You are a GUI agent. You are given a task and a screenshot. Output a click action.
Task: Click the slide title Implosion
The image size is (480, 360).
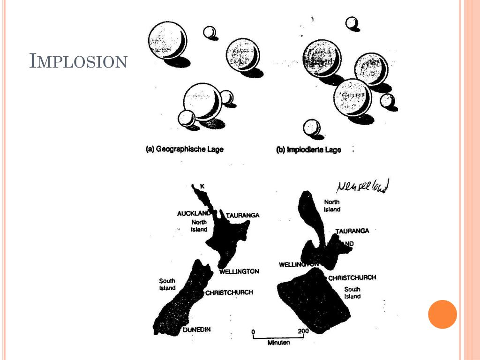click(x=78, y=61)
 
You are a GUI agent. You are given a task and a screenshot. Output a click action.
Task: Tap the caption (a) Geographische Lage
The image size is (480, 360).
click(x=185, y=150)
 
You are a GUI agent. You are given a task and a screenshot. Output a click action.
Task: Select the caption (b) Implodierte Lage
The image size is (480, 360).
click(x=308, y=150)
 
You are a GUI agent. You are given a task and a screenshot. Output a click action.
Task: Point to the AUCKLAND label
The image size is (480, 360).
click(x=193, y=213)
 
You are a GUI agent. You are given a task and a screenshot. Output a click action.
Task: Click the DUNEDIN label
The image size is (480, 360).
click(x=196, y=330)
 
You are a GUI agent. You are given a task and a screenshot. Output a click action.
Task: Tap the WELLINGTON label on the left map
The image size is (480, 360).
click(x=239, y=271)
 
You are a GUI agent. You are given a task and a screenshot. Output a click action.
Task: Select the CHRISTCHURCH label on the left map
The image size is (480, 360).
click(x=229, y=292)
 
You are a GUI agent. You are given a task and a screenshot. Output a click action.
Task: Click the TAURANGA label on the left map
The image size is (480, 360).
click(x=242, y=215)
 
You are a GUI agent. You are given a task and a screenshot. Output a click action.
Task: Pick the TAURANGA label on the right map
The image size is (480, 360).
click(x=352, y=231)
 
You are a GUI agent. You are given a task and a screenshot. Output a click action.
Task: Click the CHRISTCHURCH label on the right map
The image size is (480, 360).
click(x=352, y=277)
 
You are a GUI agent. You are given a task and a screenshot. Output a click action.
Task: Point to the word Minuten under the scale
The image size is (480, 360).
click(x=278, y=343)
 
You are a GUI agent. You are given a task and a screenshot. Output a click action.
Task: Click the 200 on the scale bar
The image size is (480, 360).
click(x=303, y=332)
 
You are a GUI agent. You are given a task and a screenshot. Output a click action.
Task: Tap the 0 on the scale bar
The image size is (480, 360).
click(x=253, y=332)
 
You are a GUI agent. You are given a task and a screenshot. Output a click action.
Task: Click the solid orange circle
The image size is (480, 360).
click(x=442, y=314)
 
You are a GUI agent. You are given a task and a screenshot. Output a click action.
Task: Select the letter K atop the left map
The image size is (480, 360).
click(x=202, y=187)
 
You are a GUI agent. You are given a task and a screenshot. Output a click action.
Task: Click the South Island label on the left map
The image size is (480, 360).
click(x=167, y=285)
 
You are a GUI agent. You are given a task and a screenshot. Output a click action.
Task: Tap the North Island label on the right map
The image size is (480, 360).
click(x=332, y=206)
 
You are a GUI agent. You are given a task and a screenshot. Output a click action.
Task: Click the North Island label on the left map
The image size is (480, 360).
click(x=199, y=225)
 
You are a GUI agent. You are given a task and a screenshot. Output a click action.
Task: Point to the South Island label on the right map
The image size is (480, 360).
click(x=352, y=292)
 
